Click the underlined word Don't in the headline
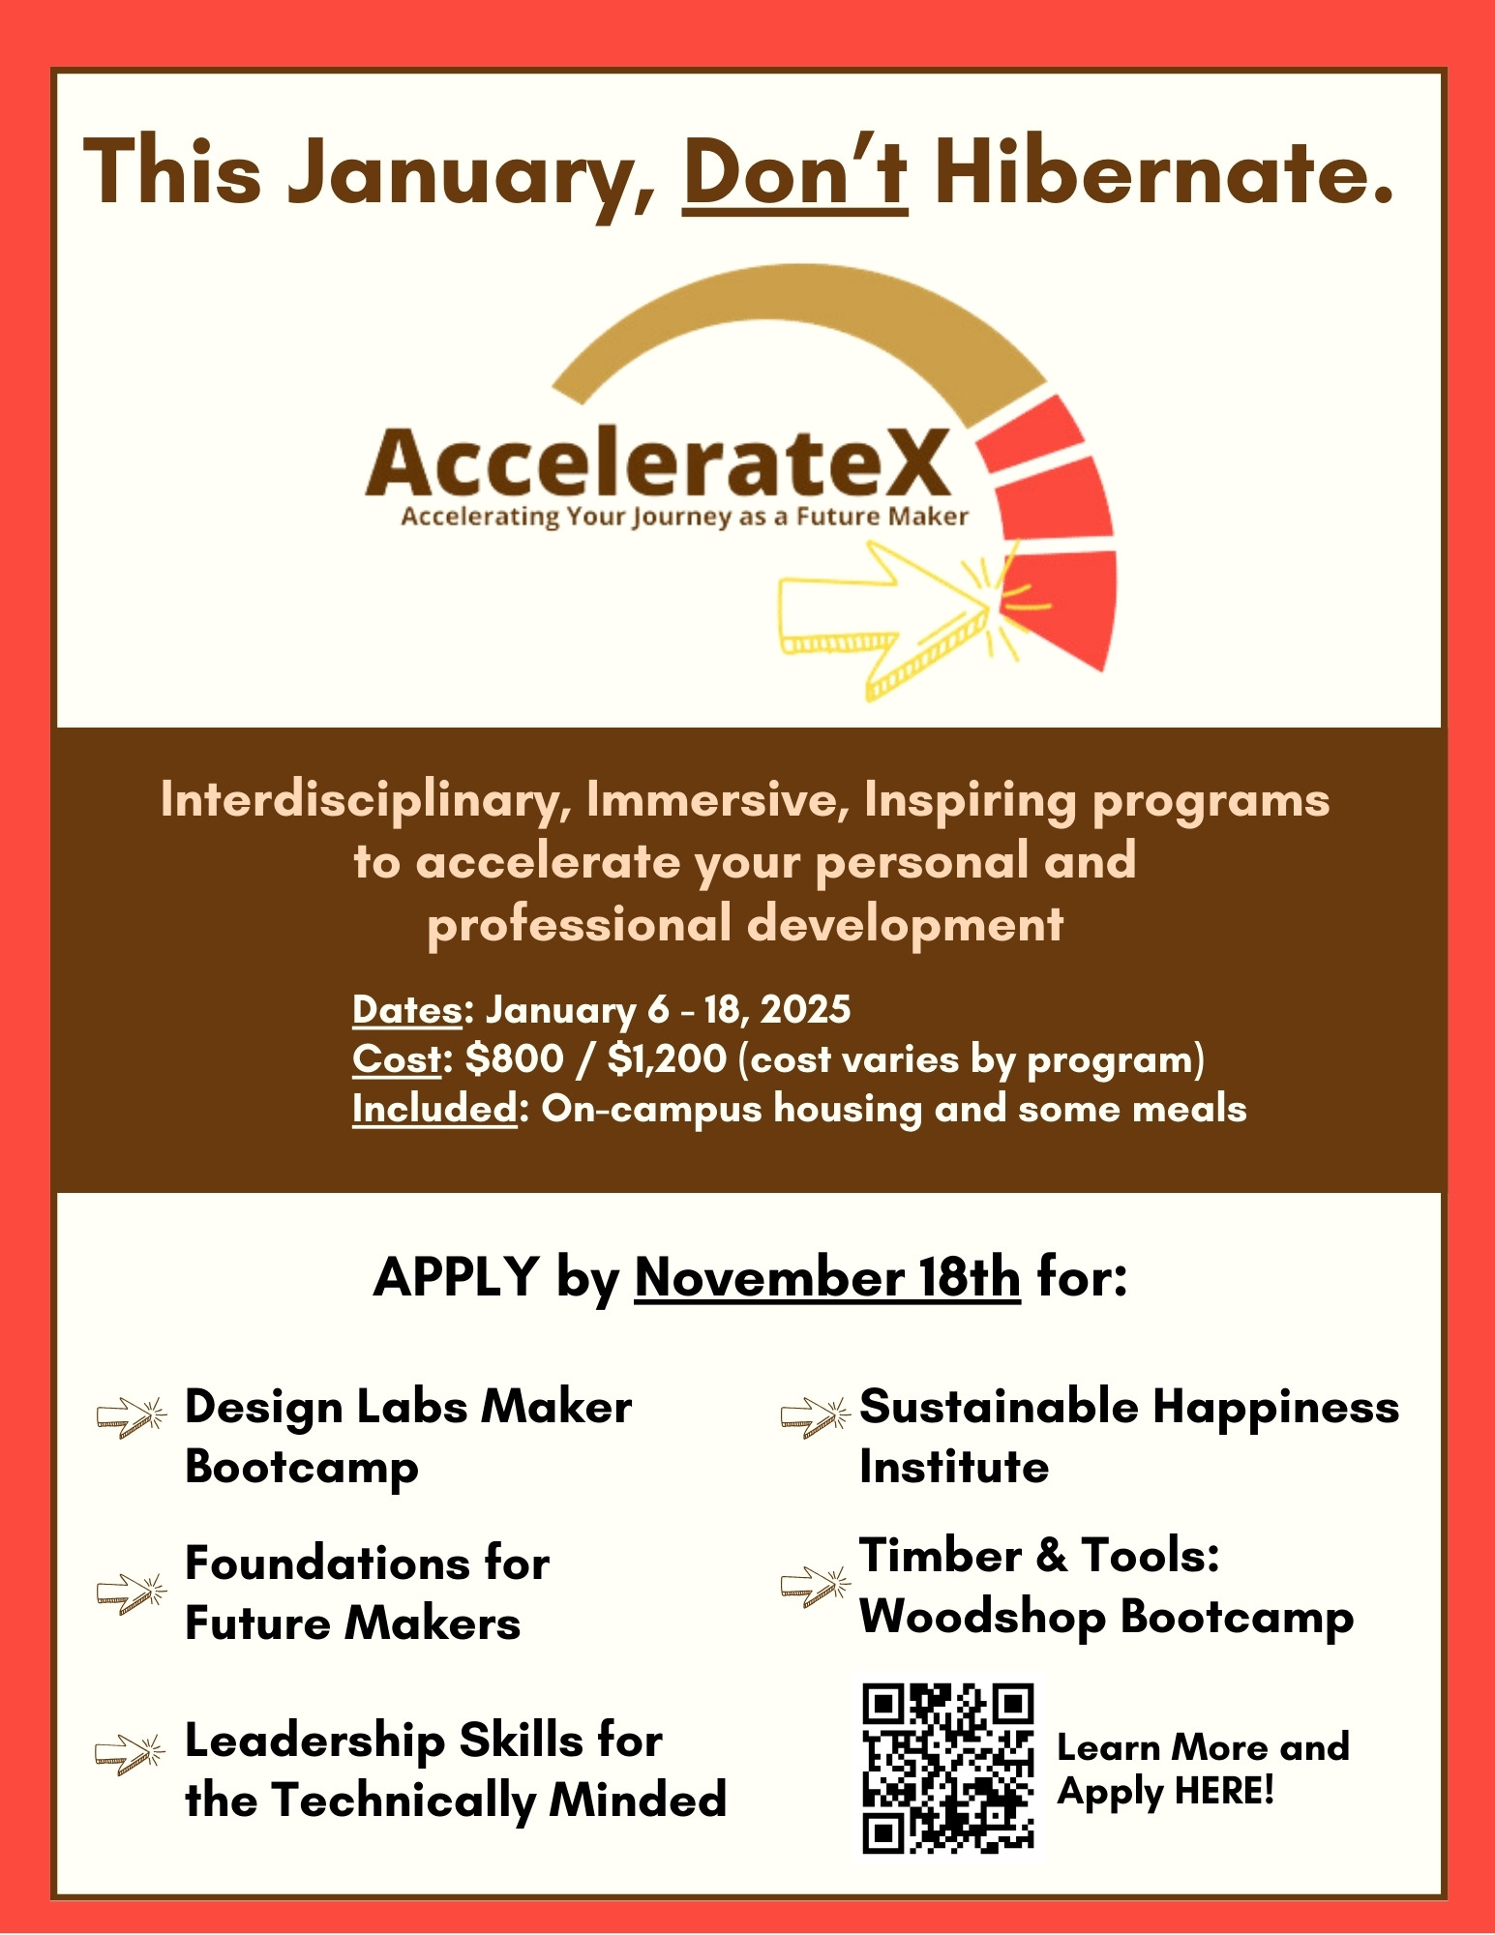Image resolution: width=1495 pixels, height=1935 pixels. tap(795, 171)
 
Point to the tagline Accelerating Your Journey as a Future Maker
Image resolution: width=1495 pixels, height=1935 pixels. tap(684, 517)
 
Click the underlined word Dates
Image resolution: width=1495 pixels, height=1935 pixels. tap(406, 1009)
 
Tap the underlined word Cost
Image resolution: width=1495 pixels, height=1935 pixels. tap(397, 1058)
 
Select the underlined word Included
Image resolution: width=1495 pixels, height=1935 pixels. tap(434, 1109)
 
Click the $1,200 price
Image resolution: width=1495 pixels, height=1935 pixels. tap(667, 1058)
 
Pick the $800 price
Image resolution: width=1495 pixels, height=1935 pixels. tap(514, 1058)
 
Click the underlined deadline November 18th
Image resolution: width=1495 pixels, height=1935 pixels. tap(827, 1277)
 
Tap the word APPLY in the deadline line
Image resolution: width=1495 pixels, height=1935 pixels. tap(456, 1277)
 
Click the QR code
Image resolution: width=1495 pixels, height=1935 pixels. tap(948, 1770)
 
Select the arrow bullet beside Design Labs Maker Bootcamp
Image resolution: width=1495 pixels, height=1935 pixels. tap(132, 1417)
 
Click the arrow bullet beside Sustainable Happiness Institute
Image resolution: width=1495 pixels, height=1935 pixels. tap(816, 1417)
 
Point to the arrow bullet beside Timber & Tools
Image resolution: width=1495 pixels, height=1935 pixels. tap(816, 1586)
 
